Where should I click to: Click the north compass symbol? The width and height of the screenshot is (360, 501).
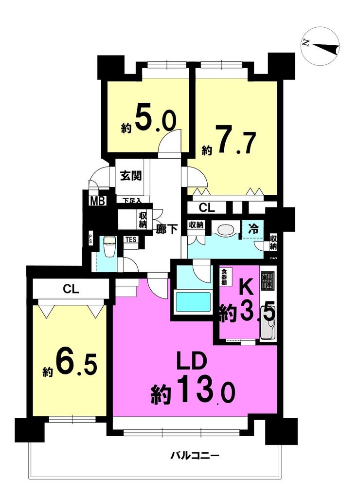pyautogui.click(x=320, y=46)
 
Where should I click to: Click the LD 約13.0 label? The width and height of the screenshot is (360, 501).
pyautogui.click(x=193, y=379)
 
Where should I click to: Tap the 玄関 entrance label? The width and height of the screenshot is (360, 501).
pyautogui.click(x=131, y=176)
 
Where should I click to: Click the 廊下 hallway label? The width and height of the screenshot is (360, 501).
pyautogui.click(x=166, y=229)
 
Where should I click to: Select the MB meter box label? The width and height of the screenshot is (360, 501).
pyautogui.click(x=97, y=201)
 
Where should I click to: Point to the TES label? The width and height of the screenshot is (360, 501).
pyautogui.click(x=131, y=240)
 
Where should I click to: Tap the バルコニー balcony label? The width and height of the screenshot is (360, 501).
pyautogui.click(x=195, y=455)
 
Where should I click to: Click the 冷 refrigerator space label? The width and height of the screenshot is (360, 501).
pyautogui.click(x=253, y=229)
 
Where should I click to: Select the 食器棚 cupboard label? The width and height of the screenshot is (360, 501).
pyautogui.click(x=224, y=277)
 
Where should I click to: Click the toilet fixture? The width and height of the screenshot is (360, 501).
pyautogui.click(x=110, y=246)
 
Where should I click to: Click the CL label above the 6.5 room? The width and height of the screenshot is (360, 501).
pyautogui.click(x=71, y=289)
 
